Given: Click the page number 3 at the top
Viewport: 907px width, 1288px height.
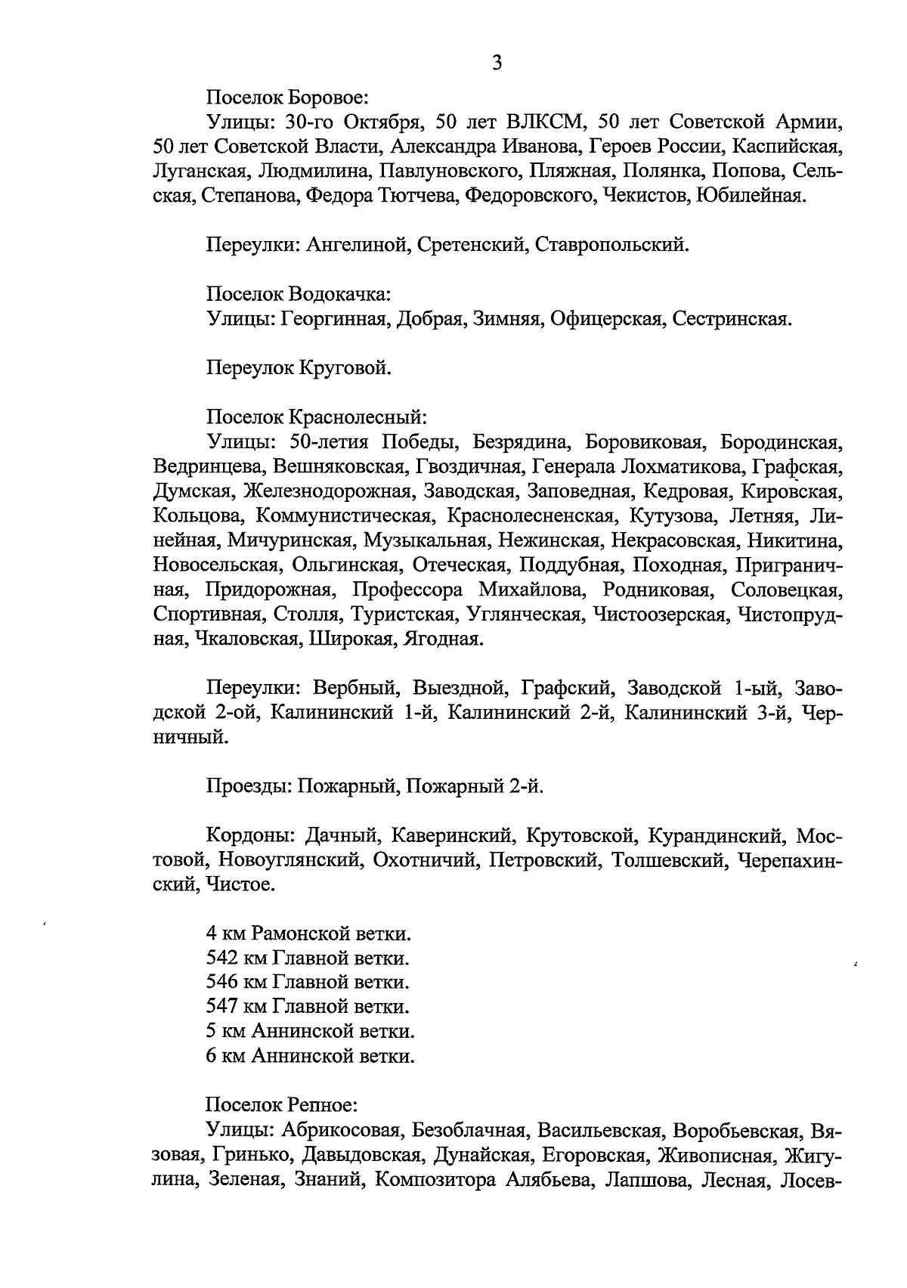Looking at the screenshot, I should point(497,63).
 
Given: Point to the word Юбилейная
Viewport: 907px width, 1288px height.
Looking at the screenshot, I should point(751,195).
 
